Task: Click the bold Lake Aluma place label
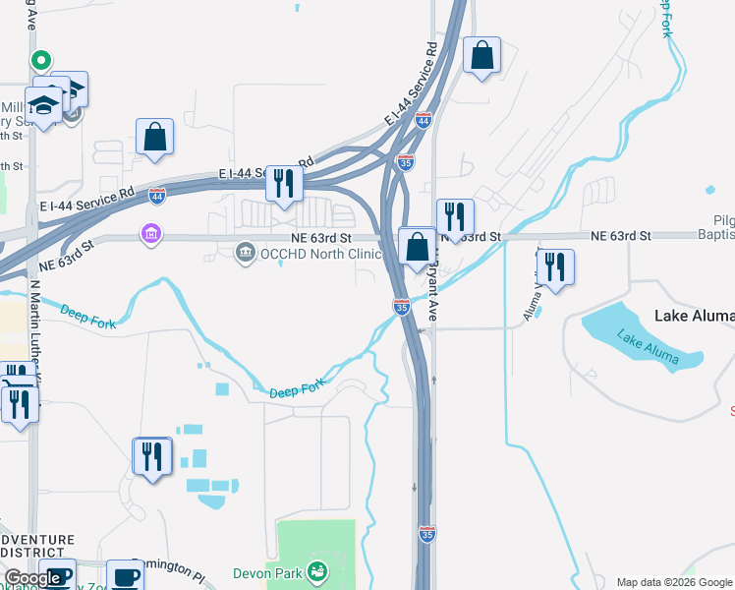[x=694, y=316]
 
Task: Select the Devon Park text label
[x=266, y=572]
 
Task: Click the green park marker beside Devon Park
[x=316, y=570]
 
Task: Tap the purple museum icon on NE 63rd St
[x=151, y=236]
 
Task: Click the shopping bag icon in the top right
[x=481, y=56]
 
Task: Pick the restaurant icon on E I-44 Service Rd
[x=284, y=184]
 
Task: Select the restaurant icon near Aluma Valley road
[x=555, y=268]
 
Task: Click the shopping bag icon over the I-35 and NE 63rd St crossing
[x=418, y=246]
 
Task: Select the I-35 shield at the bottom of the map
[x=426, y=534]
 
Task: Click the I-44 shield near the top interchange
[x=424, y=120]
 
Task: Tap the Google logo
[x=32, y=578]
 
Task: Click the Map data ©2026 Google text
[x=673, y=582]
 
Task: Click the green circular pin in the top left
[x=41, y=60]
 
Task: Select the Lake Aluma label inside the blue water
[x=646, y=348]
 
